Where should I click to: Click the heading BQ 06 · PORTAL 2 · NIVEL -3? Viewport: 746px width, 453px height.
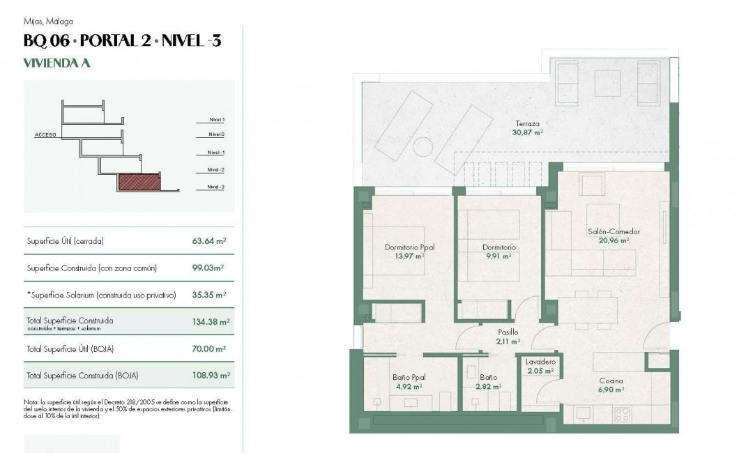pos(123,41)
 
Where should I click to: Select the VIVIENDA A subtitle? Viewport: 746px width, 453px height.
pos(57,63)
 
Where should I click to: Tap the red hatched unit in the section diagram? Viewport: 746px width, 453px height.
pos(139,183)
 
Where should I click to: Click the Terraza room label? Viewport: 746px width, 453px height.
pos(527,123)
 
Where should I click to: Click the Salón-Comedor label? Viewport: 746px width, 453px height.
pos(614,231)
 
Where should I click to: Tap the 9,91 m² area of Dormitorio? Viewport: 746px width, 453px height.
pos(499,256)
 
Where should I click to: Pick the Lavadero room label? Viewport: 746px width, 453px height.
pos(540,362)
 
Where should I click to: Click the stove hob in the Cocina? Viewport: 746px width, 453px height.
pos(622,413)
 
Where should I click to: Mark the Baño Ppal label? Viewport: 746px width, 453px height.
pos(409,377)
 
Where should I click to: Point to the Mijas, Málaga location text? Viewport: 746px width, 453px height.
pos(48,22)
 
